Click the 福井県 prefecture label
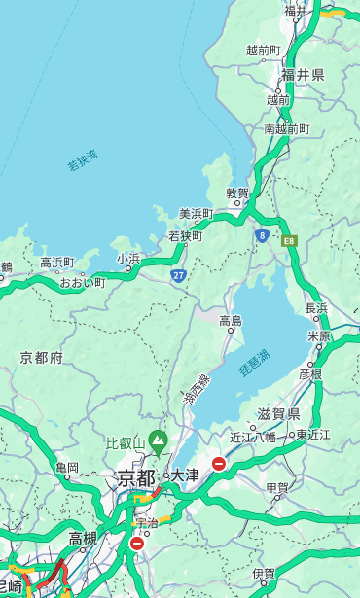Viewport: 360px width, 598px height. pyautogui.click(x=305, y=75)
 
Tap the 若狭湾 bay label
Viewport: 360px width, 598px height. pyautogui.click(x=83, y=160)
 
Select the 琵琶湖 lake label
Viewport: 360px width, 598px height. pyautogui.click(x=254, y=364)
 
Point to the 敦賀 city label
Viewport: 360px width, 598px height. pyautogui.click(x=237, y=193)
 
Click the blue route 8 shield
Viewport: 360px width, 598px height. pyautogui.click(x=262, y=235)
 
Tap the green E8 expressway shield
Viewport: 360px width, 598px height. pyautogui.click(x=289, y=239)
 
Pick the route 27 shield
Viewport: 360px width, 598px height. pyautogui.click(x=179, y=275)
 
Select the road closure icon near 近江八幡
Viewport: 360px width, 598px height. pyautogui.click(x=219, y=464)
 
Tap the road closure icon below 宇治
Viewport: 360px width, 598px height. pyautogui.click(x=136, y=544)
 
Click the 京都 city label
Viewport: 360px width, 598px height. pyautogui.click(x=136, y=477)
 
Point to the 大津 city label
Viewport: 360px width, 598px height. pyautogui.click(x=185, y=475)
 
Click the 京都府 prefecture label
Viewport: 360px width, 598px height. pyautogui.click(x=42, y=358)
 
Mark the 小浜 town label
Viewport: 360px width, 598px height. pyautogui.click(x=128, y=259)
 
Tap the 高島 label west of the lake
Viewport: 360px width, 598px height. pyautogui.click(x=231, y=321)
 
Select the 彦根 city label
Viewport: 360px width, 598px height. pyautogui.click(x=310, y=373)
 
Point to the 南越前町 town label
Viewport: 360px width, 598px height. pyautogui.click(x=286, y=128)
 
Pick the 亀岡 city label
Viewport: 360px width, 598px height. pyautogui.click(x=67, y=468)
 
